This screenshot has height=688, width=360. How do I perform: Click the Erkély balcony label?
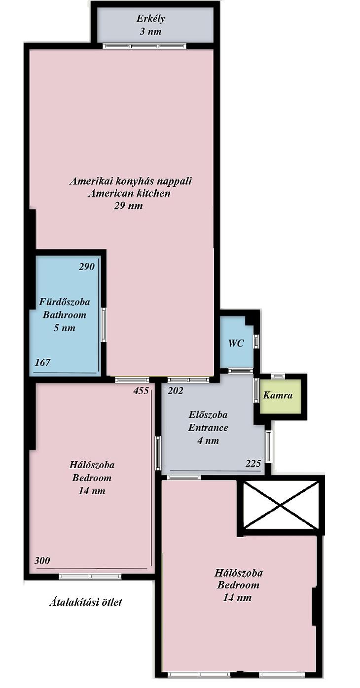[x=150, y=18]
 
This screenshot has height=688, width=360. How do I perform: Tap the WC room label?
[x=236, y=343]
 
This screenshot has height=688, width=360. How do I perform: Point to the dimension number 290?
[x=87, y=267]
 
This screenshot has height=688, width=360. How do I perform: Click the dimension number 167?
[x=42, y=362]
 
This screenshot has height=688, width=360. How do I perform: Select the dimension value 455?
[x=141, y=391]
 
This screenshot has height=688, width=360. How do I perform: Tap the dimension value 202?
[x=176, y=391]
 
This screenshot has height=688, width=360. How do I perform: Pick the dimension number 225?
[x=253, y=463]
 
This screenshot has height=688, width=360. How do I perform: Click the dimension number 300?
[x=42, y=560]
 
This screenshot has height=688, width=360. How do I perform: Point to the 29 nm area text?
[x=129, y=206]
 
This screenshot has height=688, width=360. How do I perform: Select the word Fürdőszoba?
[x=65, y=302]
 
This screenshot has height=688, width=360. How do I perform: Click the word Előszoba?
[x=208, y=414]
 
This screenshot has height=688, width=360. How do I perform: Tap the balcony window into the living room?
[x=144, y=46]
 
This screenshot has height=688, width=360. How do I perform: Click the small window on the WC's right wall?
[x=257, y=341]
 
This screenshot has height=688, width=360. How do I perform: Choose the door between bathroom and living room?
[x=104, y=325]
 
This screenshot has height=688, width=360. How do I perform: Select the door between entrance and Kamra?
[x=256, y=390]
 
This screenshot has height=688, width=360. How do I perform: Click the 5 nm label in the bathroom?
[x=65, y=328]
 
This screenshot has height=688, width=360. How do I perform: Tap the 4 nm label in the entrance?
[x=208, y=441]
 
